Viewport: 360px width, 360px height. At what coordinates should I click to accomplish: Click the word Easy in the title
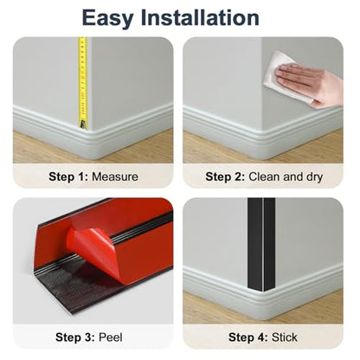pyautogui.click(x=107, y=19)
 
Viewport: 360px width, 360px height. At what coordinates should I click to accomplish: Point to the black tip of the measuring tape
pyautogui.click(x=83, y=124)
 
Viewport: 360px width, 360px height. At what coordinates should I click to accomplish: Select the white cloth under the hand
pyautogui.click(x=284, y=76)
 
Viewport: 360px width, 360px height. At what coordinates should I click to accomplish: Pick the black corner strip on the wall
pyautogui.click(x=261, y=245)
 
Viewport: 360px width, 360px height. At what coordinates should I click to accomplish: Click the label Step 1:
pyautogui.click(x=68, y=177)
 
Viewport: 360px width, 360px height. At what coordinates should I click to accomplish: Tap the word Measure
pyautogui.click(x=115, y=177)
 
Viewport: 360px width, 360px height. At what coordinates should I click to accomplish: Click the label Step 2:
pyautogui.click(x=225, y=177)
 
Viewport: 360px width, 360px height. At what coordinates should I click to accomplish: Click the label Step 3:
pyautogui.click(x=75, y=337)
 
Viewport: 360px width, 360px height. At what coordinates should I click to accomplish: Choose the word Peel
pyautogui.click(x=111, y=337)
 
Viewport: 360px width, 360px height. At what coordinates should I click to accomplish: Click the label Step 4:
pyautogui.click(x=248, y=337)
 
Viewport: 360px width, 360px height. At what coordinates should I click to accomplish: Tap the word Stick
pyautogui.click(x=285, y=337)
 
